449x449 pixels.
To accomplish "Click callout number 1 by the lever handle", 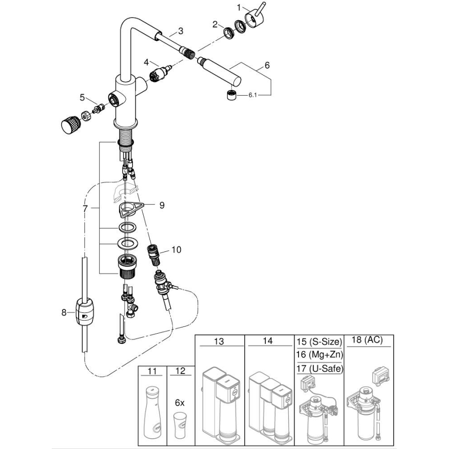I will (239, 8).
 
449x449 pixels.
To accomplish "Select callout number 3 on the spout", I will (181, 31).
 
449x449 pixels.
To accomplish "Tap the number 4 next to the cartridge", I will (146, 62).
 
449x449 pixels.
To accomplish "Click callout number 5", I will (82, 97).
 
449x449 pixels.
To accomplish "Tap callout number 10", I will (176, 250).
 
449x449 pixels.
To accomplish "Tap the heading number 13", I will (219, 341).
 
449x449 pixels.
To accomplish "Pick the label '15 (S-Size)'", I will (319, 342).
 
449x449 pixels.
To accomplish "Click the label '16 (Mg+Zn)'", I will (319, 354).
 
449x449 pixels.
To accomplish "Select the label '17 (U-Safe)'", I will (319, 368).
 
